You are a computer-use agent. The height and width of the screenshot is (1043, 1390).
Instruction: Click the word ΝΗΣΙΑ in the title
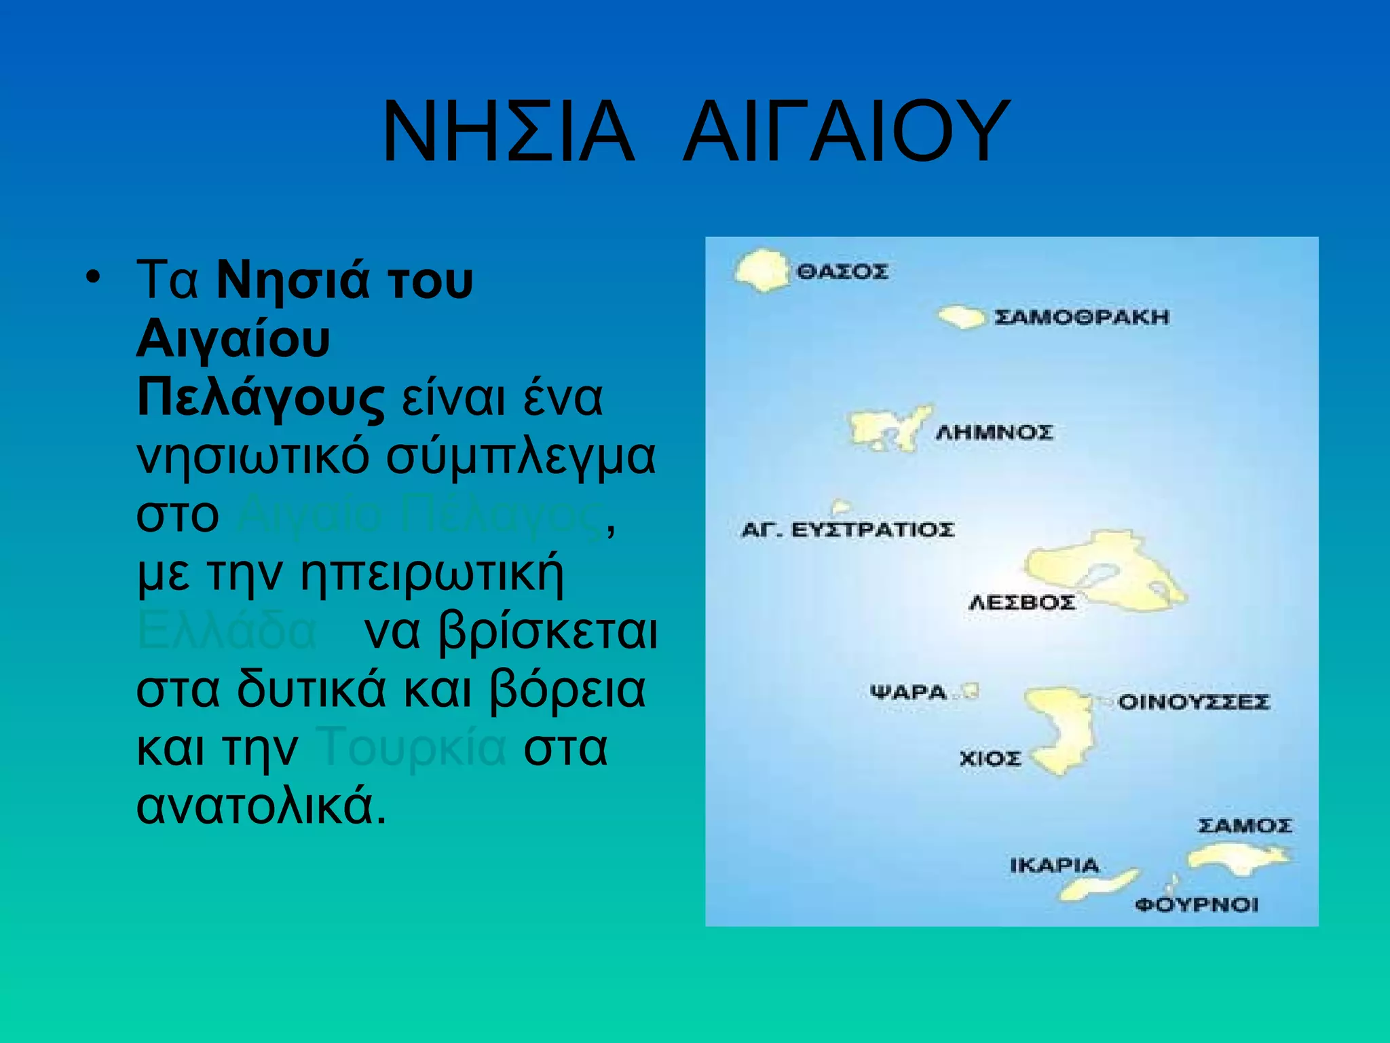(x=508, y=132)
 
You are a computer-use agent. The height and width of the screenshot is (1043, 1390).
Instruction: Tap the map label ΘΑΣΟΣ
(x=842, y=272)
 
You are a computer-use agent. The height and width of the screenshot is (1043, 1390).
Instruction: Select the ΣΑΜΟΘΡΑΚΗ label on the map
(x=1082, y=317)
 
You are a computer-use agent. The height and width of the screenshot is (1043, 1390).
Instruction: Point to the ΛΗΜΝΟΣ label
(x=994, y=433)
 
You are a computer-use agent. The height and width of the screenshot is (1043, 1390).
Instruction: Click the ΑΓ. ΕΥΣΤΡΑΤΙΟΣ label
(x=848, y=529)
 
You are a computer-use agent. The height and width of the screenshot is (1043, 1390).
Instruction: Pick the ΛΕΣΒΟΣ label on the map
(x=1021, y=602)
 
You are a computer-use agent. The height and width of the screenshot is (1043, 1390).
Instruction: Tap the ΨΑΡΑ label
(x=908, y=693)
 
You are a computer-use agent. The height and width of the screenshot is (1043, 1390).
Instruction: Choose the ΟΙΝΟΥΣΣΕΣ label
(x=1193, y=701)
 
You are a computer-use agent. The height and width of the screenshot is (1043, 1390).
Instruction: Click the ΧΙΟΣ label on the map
(x=990, y=758)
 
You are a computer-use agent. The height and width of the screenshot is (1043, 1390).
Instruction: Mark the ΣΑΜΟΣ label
(x=1245, y=826)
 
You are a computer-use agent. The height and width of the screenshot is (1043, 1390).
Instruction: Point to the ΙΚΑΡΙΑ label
(x=1054, y=865)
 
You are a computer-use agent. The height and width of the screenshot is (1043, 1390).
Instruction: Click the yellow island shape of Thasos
(x=762, y=270)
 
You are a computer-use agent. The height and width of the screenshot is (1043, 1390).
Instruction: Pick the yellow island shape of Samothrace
(x=961, y=316)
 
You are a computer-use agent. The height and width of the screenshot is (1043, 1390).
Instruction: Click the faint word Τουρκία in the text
(x=411, y=747)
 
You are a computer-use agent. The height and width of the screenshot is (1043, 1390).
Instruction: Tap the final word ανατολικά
(x=261, y=806)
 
